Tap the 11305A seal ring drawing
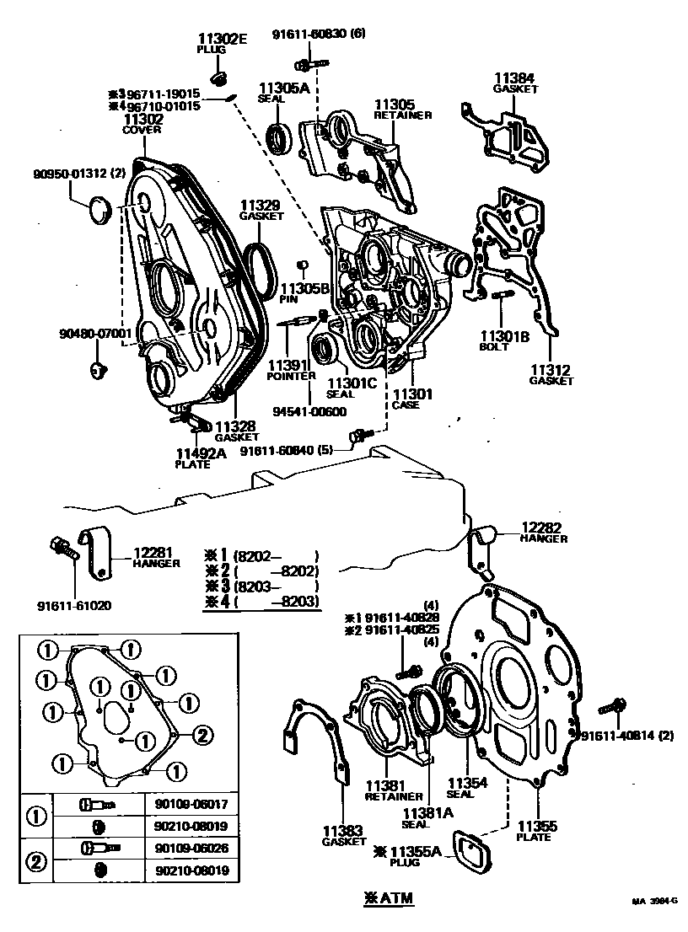(280, 138)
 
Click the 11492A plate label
(201, 453)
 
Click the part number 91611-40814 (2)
(628, 735)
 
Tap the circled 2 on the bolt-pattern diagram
(202, 735)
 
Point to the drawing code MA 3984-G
(654, 901)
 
